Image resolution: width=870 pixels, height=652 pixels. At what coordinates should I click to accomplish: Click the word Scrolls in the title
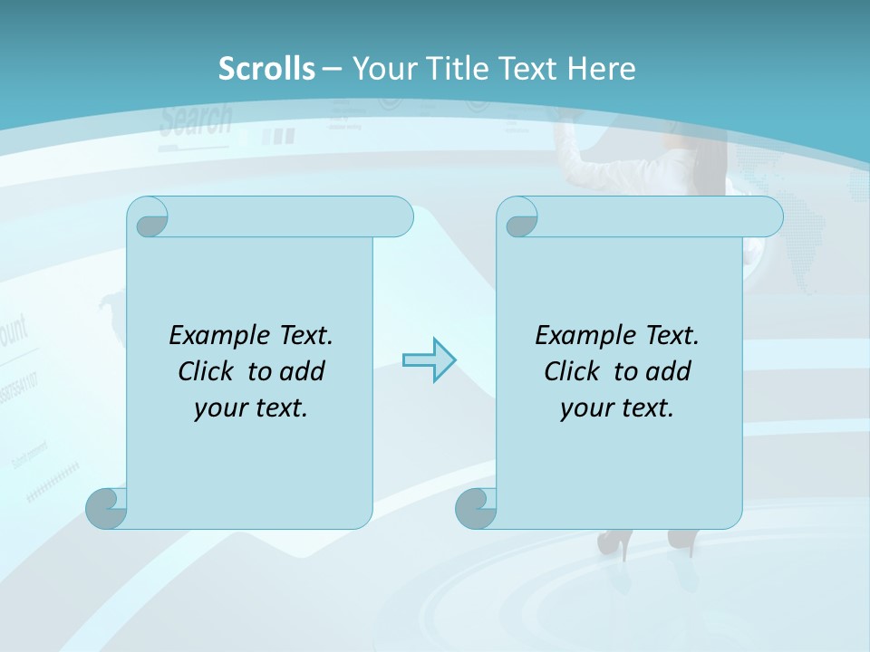click(x=266, y=69)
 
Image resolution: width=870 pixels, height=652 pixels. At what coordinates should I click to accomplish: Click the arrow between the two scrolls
click(x=429, y=360)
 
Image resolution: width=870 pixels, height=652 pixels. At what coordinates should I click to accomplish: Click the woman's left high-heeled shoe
click(x=612, y=542)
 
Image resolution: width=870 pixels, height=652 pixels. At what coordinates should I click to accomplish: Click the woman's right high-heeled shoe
click(x=681, y=541)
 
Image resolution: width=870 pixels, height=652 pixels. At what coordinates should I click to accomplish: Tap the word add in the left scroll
click(x=303, y=371)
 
